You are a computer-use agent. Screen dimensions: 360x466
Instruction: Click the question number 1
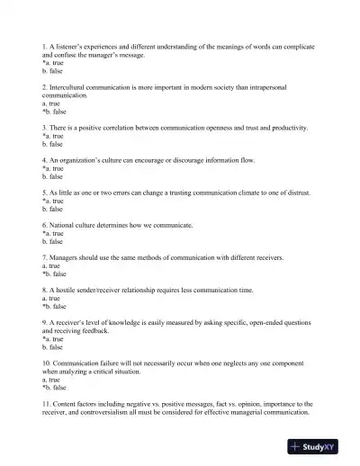click(x=44, y=45)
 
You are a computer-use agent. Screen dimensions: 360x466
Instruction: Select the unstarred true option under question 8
click(x=51, y=298)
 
